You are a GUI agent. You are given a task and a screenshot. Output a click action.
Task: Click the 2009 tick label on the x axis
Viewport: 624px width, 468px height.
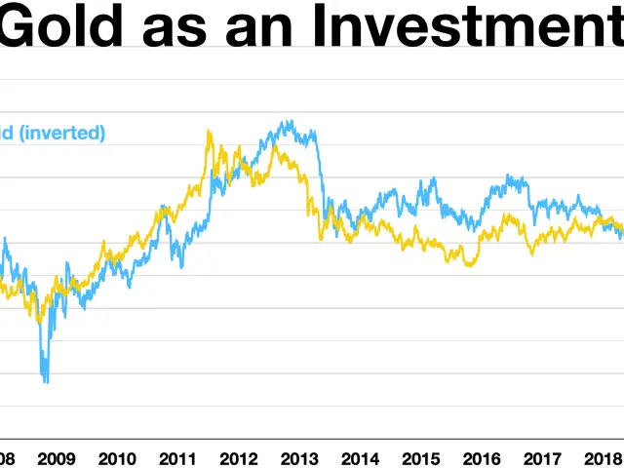pyautogui.click(x=57, y=457)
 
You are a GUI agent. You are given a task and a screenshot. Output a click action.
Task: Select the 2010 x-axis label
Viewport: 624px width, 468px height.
pyautogui.click(x=117, y=457)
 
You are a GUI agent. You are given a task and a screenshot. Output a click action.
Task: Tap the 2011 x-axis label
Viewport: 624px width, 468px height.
pyautogui.click(x=177, y=457)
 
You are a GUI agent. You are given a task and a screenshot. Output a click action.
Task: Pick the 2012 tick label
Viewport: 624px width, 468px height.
pyautogui.click(x=238, y=457)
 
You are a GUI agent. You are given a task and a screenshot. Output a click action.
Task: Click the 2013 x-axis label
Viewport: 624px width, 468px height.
pyautogui.click(x=298, y=457)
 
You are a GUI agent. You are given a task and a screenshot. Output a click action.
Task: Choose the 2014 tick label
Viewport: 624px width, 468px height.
pyautogui.click(x=360, y=457)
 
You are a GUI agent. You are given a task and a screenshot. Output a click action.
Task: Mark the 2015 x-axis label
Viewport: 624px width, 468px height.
pyautogui.click(x=420, y=457)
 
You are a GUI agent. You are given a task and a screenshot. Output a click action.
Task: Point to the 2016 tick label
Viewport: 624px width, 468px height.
pyautogui.click(x=481, y=457)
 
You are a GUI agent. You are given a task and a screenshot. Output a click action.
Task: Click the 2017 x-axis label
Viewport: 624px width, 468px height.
pyautogui.click(x=541, y=457)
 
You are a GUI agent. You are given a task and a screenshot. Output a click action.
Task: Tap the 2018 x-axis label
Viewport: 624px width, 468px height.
pyautogui.click(x=601, y=457)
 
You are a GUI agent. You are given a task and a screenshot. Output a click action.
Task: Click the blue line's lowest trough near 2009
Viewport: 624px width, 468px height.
pyautogui.click(x=45, y=381)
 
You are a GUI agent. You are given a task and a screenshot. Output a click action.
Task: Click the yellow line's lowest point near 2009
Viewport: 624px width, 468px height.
pyautogui.click(x=41, y=320)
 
